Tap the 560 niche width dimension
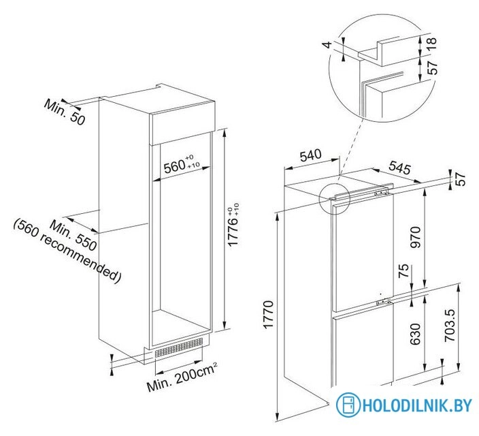pos(182,166)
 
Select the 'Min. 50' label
pos(64,112)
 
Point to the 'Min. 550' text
pos(73,235)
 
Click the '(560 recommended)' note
pos(67,251)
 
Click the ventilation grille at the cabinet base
pos(179,348)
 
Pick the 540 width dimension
pos(310,155)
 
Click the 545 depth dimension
pos(399,168)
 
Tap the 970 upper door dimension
pos(416,237)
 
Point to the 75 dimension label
pos(403,270)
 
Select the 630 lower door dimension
pos(416,334)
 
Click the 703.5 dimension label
pos(450,325)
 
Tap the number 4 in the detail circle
pos(327,45)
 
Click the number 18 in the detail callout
pos(432,45)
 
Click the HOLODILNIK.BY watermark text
pos(417,405)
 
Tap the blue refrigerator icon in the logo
pos(348,405)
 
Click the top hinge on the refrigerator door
pos(380,193)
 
